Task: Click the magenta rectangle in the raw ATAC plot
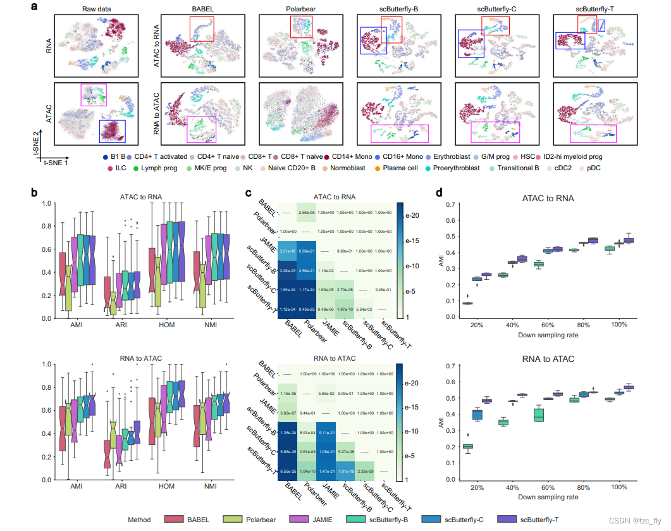(93, 95)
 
